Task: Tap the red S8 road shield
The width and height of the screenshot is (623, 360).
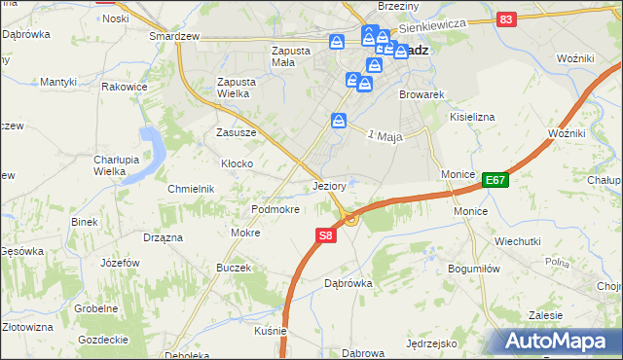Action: click(326, 235)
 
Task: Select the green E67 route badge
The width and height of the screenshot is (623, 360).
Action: click(495, 180)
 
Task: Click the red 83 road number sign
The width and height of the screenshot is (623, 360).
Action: click(505, 18)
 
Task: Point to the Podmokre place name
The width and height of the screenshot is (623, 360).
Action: click(275, 209)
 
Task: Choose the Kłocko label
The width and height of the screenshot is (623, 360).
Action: click(238, 163)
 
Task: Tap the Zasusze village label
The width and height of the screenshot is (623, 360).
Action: click(236, 132)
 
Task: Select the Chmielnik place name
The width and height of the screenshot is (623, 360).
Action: click(191, 189)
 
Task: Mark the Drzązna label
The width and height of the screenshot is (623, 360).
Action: click(164, 236)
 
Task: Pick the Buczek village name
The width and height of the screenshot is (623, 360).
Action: click(234, 268)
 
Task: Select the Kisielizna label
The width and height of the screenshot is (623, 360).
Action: click(472, 117)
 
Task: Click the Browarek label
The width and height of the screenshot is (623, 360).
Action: click(421, 95)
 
